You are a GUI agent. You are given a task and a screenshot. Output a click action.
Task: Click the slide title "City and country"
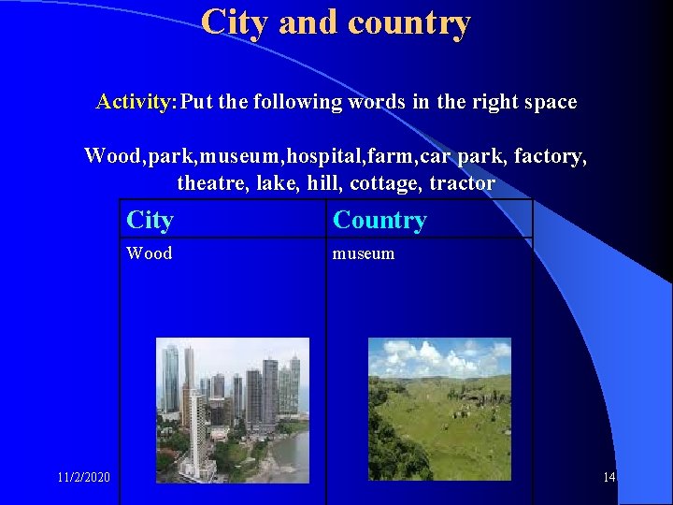(336, 22)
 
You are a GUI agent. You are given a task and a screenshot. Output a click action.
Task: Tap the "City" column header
(150, 221)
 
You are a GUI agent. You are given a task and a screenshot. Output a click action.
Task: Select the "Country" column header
(379, 221)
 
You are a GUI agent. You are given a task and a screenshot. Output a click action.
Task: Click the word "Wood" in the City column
(150, 253)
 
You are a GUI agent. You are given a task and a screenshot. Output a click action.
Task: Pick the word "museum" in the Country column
(364, 253)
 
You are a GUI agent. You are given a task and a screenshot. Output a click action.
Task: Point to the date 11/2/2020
(83, 478)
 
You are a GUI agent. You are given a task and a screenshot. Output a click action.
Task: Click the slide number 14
(609, 478)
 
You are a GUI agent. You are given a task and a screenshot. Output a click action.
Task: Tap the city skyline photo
(232, 410)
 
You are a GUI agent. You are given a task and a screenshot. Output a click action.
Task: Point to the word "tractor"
(462, 183)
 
